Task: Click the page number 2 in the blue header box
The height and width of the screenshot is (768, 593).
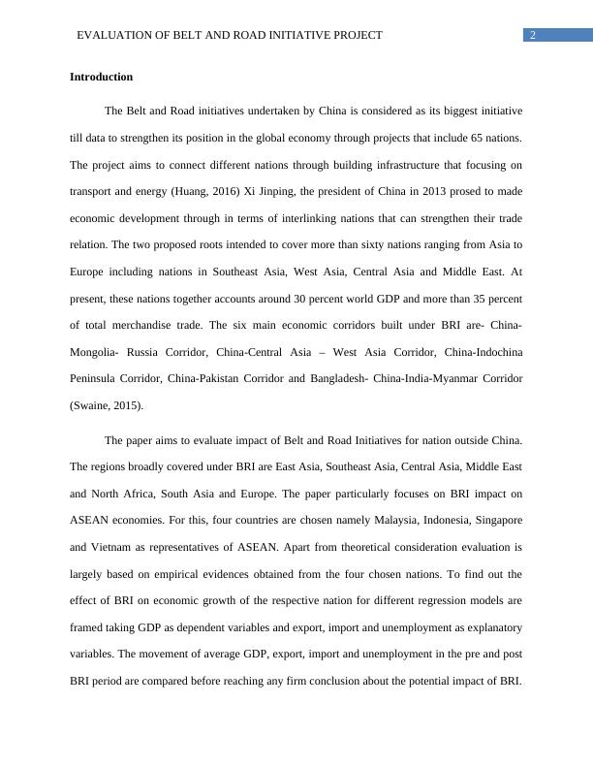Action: pos(533,35)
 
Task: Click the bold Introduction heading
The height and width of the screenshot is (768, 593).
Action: pos(101,77)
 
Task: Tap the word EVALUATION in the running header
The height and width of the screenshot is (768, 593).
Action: pos(114,35)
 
